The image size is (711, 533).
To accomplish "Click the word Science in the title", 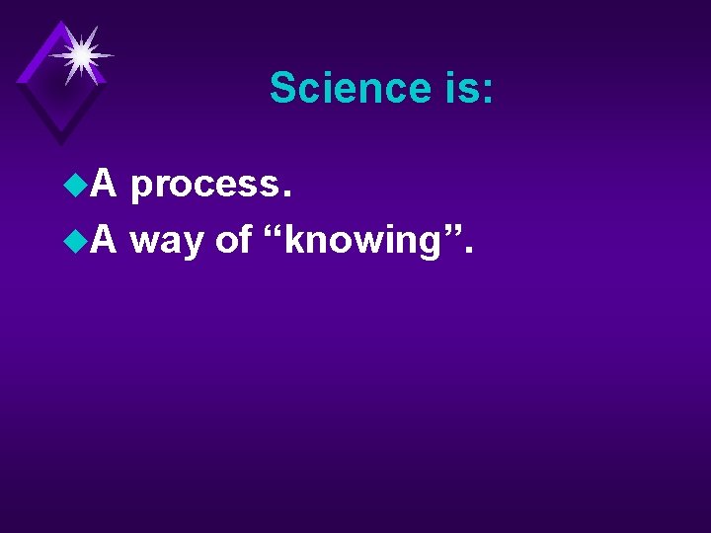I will [x=346, y=88].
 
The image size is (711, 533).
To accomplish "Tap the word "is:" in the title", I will [x=463, y=88].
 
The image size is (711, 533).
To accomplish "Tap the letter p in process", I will [x=140, y=190].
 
